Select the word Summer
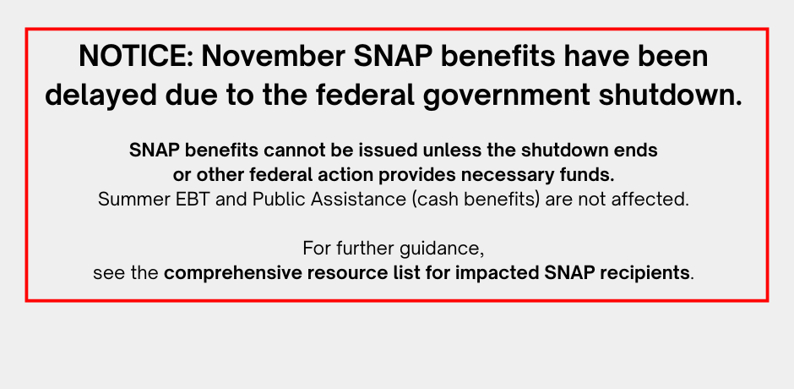click(128, 200)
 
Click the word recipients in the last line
click(645, 274)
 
